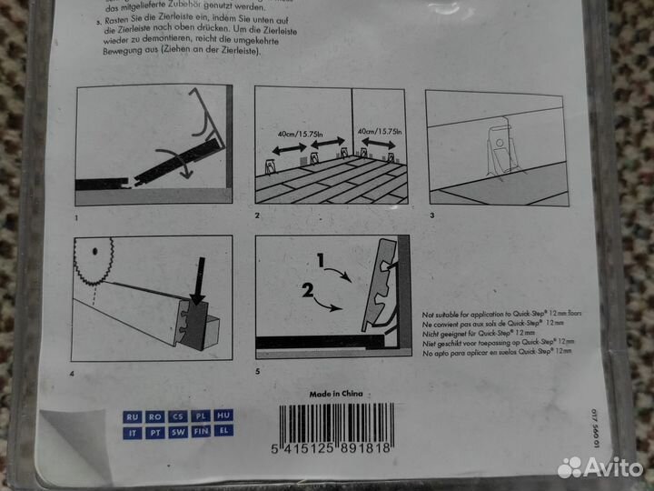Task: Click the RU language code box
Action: (134, 416)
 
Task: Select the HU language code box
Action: (224, 416)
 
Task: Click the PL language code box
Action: (202, 416)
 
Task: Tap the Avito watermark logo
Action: (599, 467)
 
